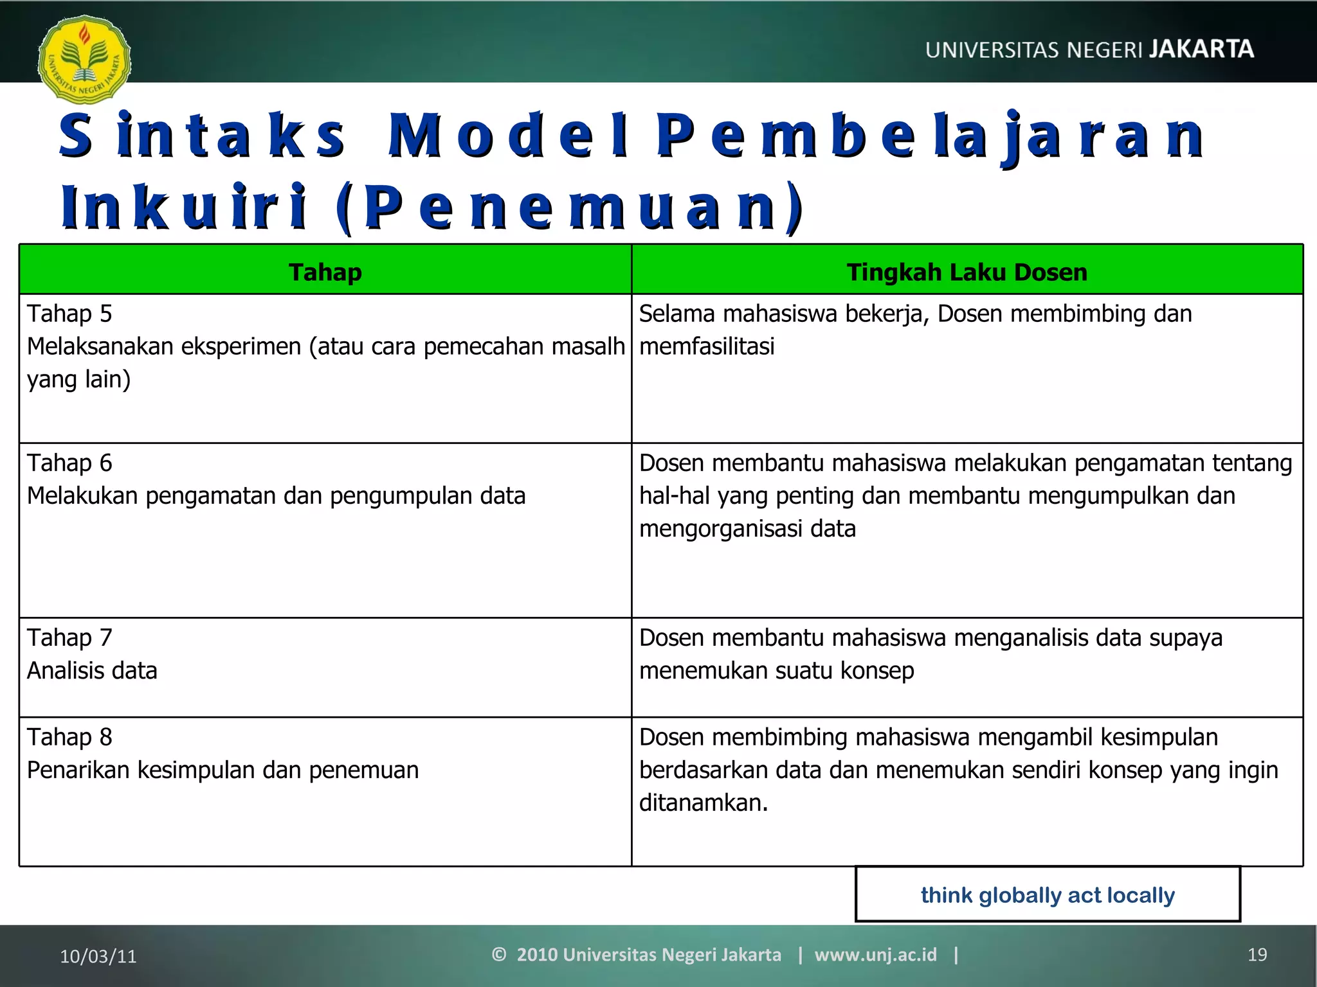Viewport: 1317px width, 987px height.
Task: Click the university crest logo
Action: [84, 60]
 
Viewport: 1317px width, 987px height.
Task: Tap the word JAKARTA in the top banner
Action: [1201, 49]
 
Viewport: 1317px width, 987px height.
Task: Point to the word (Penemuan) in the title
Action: [570, 207]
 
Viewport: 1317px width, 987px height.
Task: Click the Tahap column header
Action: [325, 272]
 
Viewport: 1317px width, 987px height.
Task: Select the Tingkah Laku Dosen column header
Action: [967, 272]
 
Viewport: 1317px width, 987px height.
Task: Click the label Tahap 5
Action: [69, 314]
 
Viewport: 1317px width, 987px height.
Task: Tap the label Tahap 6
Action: [69, 463]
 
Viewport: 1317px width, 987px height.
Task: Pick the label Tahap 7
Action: [69, 638]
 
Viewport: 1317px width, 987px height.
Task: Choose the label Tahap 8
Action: [69, 738]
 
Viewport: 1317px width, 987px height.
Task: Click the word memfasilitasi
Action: [707, 347]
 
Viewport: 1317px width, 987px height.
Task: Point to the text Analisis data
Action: [92, 671]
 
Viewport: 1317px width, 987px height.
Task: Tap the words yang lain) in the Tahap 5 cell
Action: [79, 380]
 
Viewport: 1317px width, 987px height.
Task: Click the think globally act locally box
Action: [1048, 894]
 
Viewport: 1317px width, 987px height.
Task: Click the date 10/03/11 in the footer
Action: [98, 956]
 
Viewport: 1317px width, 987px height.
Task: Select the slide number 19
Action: [1257, 955]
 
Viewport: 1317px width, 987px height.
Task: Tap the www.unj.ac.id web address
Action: [875, 955]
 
